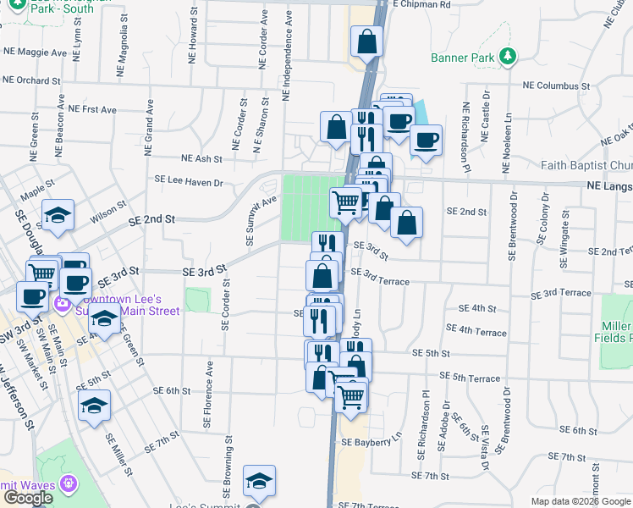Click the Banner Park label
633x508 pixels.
pos(461,58)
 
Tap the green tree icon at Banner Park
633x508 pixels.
pos(508,57)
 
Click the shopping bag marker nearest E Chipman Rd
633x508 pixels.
pos(366,40)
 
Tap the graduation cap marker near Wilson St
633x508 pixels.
pos(58,215)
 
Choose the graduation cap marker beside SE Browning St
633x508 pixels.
pos(259,480)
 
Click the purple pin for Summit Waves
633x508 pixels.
pos(69,484)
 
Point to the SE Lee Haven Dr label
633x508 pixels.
pos(188,181)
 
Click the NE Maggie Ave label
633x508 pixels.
pos(35,52)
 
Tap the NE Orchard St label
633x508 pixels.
pos(31,81)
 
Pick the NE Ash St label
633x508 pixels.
pos(201,158)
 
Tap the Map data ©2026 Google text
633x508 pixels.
pos(581,501)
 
